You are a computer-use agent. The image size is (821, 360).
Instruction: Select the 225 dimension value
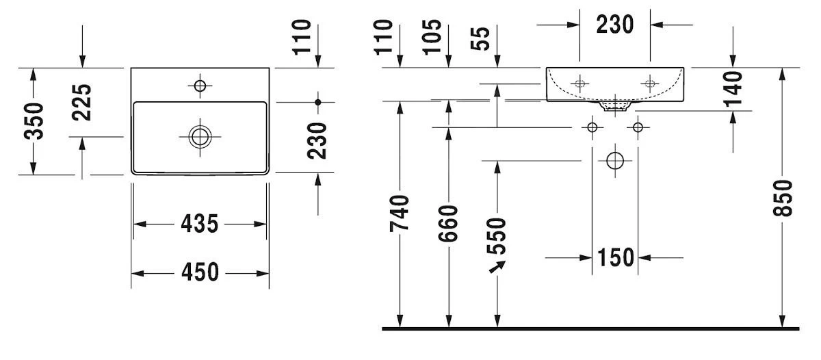click(82, 102)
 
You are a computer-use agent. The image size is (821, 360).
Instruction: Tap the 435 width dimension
click(199, 224)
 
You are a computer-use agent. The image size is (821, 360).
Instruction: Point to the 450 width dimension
click(199, 272)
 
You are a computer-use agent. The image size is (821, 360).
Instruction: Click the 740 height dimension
click(400, 213)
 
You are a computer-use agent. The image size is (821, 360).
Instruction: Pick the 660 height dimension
click(448, 222)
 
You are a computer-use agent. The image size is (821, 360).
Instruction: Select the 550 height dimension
click(497, 235)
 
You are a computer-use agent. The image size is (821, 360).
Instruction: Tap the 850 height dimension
click(784, 198)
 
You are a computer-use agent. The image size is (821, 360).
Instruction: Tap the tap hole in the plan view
click(200, 86)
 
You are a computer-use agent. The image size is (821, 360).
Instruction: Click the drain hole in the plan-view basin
click(200, 136)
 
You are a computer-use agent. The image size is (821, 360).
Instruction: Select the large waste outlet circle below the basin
click(615, 161)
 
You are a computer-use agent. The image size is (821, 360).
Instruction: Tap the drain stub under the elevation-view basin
click(614, 105)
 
